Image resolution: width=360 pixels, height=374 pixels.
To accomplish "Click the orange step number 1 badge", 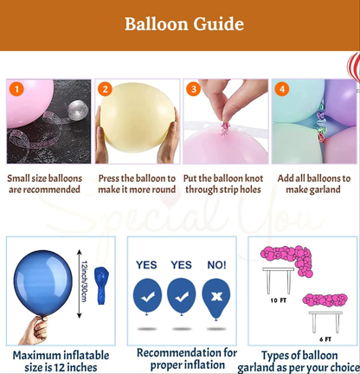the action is click(x=16, y=89).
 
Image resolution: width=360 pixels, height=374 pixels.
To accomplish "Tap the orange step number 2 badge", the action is click(x=105, y=89).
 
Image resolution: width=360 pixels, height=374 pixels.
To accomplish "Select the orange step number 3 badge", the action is click(x=193, y=89).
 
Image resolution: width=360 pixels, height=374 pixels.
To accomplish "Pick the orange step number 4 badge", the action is click(x=282, y=89).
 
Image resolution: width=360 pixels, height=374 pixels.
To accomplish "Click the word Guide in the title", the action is click(x=219, y=24).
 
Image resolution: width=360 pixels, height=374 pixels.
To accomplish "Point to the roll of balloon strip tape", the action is click(x=78, y=109).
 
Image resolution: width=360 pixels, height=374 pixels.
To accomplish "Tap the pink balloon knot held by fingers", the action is click(x=224, y=128).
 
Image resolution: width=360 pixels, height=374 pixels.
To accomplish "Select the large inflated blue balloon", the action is click(x=43, y=283).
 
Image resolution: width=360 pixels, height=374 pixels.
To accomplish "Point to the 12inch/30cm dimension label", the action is click(x=85, y=281).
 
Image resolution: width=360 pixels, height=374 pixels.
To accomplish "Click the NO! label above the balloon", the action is click(x=216, y=265).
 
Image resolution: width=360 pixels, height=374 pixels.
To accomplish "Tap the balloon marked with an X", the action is click(x=216, y=298).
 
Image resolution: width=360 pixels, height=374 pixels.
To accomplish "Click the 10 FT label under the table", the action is click(x=279, y=300).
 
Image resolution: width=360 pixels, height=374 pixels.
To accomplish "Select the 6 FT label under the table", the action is click(x=325, y=339).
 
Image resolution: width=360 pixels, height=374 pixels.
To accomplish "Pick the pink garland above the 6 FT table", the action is click(x=325, y=300).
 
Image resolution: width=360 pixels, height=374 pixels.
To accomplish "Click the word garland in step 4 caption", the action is click(x=326, y=190).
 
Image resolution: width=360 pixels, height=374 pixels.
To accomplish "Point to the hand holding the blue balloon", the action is click(x=36, y=331).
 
